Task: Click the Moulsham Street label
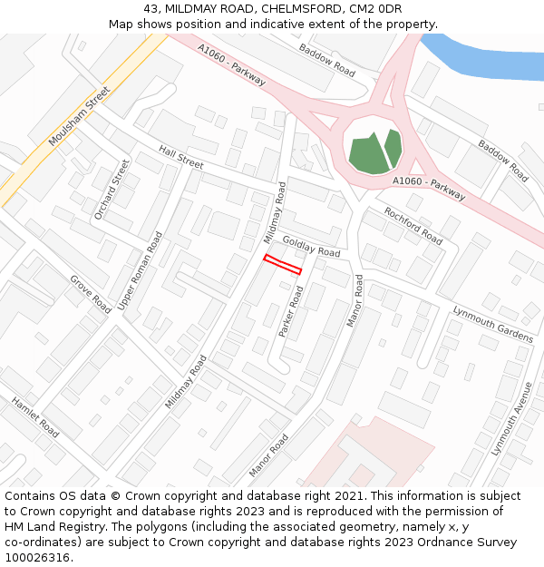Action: pos(79,116)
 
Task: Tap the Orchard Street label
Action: pos(112,190)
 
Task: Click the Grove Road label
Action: pos(91,294)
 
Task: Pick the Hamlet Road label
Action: pos(35,417)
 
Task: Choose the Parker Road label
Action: pos(292,312)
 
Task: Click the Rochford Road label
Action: pos(413,226)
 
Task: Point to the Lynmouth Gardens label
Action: pos(492,324)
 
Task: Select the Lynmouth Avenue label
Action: pos(511,418)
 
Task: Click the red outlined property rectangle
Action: pos(282,264)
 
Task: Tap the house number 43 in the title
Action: pos(151,9)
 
